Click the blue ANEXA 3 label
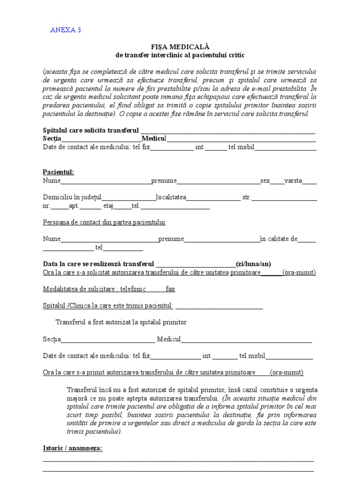click(x=65, y=30)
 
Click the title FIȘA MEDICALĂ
click(x=180, y=47)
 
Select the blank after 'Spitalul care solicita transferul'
click(x=228, y=130)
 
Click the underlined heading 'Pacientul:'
click(x=58, y=172)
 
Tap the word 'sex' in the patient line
click(x=265, y=180)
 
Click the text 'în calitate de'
click(x=278, y=239)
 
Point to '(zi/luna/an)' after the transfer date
click(x=255, y=263)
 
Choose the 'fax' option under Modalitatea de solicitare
click(x=170, y=289)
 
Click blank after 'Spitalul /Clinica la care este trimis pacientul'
click(x=218, y=306)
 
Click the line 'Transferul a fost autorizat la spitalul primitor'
click(x=121, y=322)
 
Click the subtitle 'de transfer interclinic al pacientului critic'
click(x=180, y=55)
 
